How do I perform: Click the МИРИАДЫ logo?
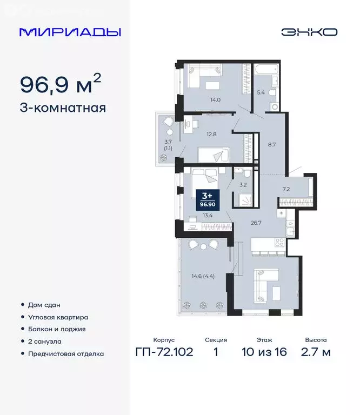70,32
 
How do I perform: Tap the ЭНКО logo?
309,32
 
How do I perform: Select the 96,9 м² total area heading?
61,84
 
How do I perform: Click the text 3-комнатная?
63,108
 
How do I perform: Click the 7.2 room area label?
286,190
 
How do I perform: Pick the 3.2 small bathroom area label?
243,184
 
